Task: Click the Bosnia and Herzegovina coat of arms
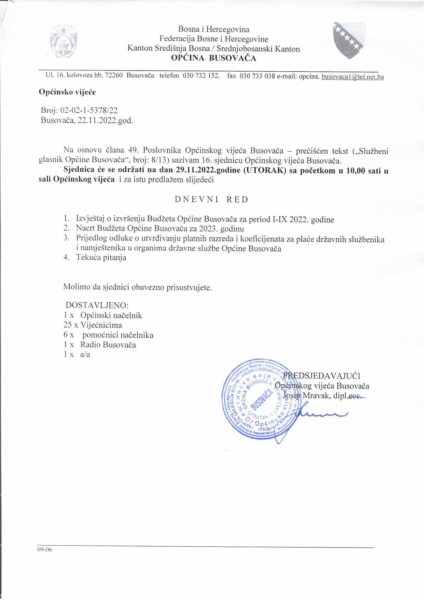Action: pyautogui.click(x=349, y=41)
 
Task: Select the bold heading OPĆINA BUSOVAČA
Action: pyautogui.click(x=214, y=58)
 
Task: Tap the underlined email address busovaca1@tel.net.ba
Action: pyautogui.click(x=352, y=77)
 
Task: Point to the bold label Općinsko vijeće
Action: pyautogui.click(x=67, y=92)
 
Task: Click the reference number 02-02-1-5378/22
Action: pyautogui.click(x=89, y=110)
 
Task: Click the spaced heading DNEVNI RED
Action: pyautogui.click(x=211, y=199)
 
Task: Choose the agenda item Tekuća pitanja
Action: pyautogui.click(x=101, y=257)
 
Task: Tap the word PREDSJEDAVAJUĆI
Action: pyautogui.click(x=322, y=376)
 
